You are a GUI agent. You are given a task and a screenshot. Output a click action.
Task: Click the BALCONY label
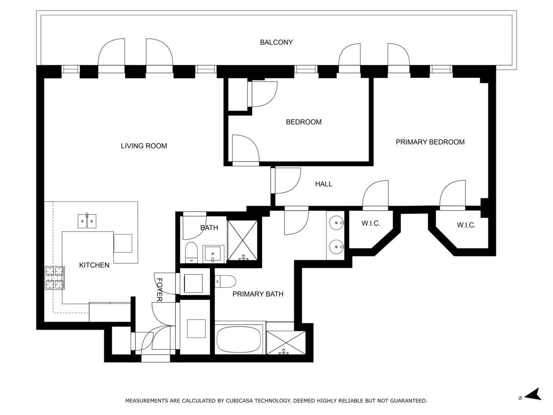click(276, 42)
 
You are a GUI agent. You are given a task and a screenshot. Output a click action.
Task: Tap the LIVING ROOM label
click(144, 146)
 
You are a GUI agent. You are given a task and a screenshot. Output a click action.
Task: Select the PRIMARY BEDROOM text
click(430, 142)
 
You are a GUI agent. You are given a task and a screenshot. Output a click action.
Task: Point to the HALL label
click(324, 184)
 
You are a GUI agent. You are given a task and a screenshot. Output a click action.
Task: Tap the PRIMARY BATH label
click(258, 294)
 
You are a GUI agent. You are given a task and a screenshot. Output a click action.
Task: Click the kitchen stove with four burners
click(54, 278)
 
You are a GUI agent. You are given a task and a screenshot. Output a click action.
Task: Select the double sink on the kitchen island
click(87, 221)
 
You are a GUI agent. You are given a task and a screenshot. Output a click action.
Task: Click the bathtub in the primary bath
click(239, 339)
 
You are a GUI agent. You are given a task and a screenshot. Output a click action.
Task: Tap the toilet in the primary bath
click(226, 280)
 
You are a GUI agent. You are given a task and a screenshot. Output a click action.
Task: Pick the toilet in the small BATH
click(191, 252)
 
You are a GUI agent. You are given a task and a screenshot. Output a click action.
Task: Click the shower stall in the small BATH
click(243, 241)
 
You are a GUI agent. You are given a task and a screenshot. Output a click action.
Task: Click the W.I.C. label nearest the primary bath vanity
click(371, 224)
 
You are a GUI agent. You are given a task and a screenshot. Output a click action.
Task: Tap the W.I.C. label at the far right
click(466, 225)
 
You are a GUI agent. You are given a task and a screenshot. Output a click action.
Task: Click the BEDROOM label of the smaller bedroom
click(304, 122)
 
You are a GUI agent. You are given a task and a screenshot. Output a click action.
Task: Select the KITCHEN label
click(94, 265)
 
